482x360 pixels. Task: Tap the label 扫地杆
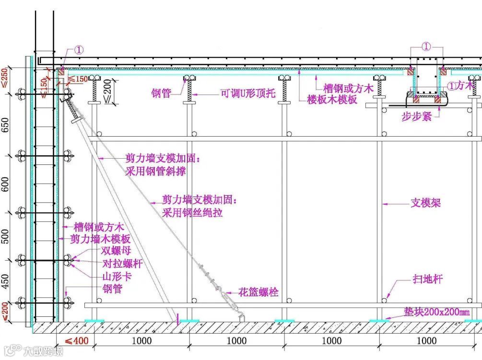427,279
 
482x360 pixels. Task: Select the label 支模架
425,203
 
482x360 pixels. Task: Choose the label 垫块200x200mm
436,313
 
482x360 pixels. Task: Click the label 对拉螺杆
122,264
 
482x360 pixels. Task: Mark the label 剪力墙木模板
100,239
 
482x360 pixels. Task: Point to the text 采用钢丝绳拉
192,212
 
